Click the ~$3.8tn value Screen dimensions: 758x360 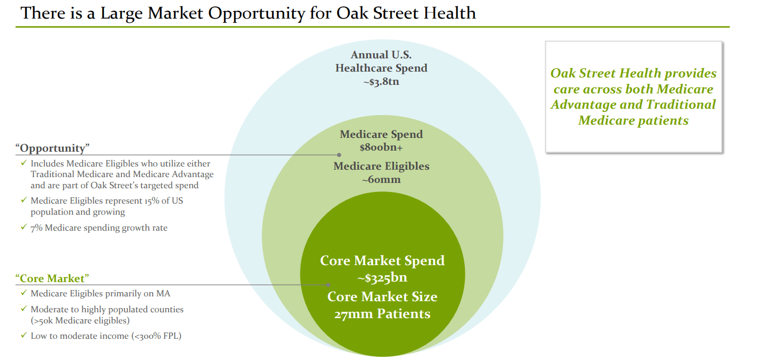pyautogui.click(x=381, y=82)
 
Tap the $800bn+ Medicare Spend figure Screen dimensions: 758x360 pyautogui.click(x=381, y=147)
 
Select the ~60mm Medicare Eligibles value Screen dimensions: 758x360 pyautogui.click(x=381, y=179)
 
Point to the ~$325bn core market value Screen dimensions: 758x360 pyautogui.click(x=382, y=278)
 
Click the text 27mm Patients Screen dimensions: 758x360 pyautogui.click(x=382, y=314)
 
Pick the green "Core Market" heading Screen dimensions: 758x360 pyautogui.click(x=52, y=278)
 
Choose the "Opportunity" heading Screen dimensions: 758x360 pyautogui.click(x=52, y=148)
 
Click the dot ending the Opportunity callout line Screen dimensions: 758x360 pyautogui.click(x=339, y=155)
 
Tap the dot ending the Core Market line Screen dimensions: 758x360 pyautogui.click(x=328, y=285)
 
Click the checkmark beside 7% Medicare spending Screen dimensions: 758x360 pyautogui.click(x=24, y=227)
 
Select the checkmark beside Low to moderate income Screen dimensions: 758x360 pyautogui.click(x=24, y=335)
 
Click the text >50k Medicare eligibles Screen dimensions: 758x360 pyautogui.click(x=80, y=320)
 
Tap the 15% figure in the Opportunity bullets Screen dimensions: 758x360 pyautogui.click(x=152, y=201)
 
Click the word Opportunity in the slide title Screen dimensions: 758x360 pyautogui.click(x=256, y=14)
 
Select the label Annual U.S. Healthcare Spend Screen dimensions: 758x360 pyautogui.click(x=381, y=62)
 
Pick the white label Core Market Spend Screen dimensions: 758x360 pyautogui.click(x=382, y=261)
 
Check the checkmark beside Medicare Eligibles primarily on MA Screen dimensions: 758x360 pyautogui.click(x=24, y=293)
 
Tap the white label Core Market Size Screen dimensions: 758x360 pyautogui.click(x=382, y=297)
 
